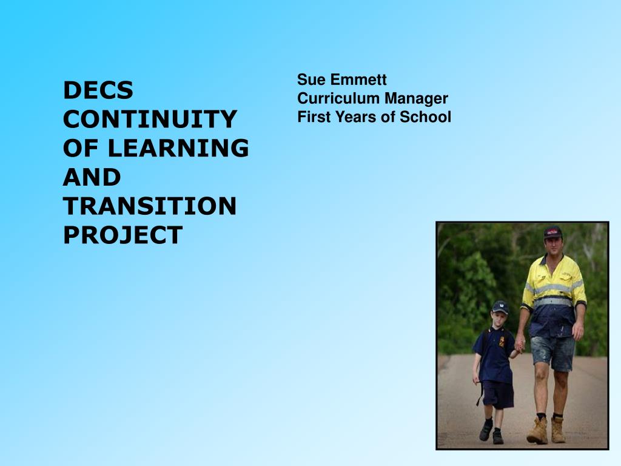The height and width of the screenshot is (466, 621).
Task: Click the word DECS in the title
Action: (x=98, y=90)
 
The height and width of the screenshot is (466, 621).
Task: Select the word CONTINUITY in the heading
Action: (x=150, y=119)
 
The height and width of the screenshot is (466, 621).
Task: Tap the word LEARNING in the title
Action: (x=178, y=148)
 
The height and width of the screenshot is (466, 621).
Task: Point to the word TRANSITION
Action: (x=150, y=206)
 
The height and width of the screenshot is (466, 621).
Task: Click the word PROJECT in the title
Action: (x=123, y=235)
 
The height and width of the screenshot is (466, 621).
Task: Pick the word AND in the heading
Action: (x=92, y=177)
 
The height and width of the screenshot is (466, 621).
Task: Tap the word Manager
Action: (x=416, y=98)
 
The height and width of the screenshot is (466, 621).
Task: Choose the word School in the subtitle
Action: (x=425, y=117)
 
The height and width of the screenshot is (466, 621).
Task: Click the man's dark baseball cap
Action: (x=553, y=232)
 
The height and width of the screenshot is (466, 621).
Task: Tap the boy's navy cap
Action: (x=500, y=307)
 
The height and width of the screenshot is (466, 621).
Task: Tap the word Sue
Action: (x=312, y=79)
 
